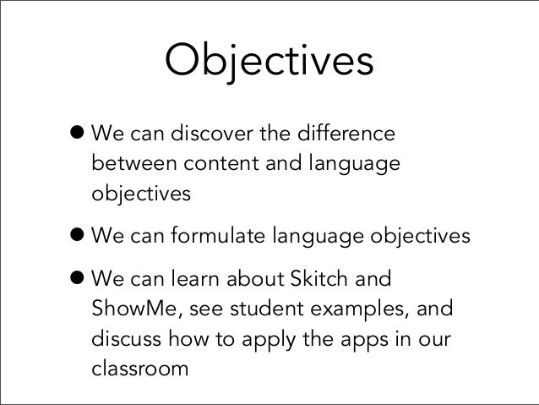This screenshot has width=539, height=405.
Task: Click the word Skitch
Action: (313, 278)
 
